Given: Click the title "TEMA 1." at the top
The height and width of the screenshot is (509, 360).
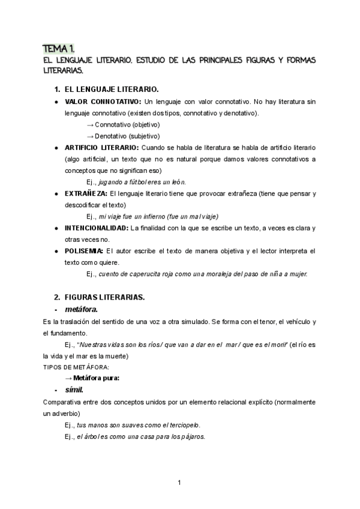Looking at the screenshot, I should tap(58, 49).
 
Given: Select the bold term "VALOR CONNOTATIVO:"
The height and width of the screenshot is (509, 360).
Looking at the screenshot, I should tap(103, 101).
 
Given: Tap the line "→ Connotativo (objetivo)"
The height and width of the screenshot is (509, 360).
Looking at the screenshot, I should tap(123, 125).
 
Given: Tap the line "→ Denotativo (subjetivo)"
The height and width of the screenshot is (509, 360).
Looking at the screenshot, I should tap(123, 136).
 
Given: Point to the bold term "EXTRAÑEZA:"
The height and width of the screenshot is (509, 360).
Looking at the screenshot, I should tap(86, 193).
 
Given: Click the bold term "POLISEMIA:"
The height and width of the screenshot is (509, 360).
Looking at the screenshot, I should tap(84, 251).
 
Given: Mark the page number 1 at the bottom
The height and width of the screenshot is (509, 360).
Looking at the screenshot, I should tap(179, 482).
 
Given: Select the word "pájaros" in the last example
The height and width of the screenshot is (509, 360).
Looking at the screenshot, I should tap(192, 436).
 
